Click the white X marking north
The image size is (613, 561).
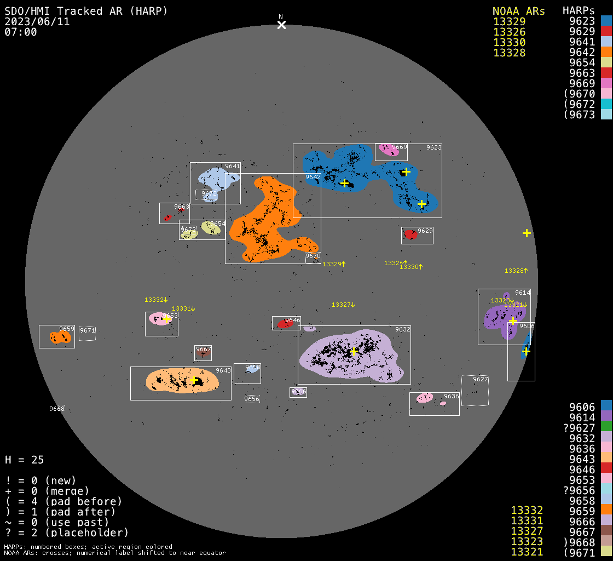coord(281,25)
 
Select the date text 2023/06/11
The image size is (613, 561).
coord(37,21)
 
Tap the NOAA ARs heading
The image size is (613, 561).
coord(518,11)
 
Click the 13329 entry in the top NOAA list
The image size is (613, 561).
coord(509,21)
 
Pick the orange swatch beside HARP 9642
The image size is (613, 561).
coord(606,53)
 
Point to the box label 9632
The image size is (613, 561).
coord(403,329)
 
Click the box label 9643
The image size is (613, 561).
coord(223,370)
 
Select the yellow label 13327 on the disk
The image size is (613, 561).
coord(343,305)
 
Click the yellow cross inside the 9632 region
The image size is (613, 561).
coord(354,351)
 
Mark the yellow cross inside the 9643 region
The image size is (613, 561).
coord(194,380)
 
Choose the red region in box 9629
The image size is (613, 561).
coord(410,235)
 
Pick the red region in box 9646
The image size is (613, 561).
coord(285,324)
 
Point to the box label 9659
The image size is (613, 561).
coord(67,329)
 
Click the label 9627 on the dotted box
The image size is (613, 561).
coord(481,379)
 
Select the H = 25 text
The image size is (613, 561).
coord(25,460)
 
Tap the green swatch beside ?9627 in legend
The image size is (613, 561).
coord(606,427)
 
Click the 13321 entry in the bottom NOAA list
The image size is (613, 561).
coord(527,552)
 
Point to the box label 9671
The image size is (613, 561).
coord(88,330)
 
